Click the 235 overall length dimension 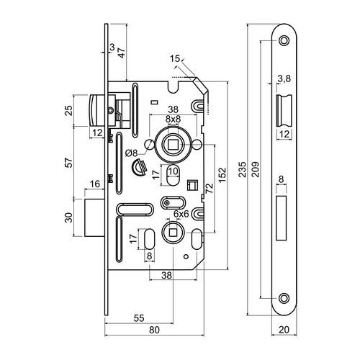(x=243, y=169)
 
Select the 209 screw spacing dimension (x=256, y=169)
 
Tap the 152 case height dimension (x=222, y=175)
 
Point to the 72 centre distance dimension (x=210, y=189)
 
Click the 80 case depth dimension (x=154, y=330)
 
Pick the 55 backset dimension (x=139, y=318)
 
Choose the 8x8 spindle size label (x=173, y=120)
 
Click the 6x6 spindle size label (x=181, y=214)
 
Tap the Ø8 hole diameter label (x=131, y=153)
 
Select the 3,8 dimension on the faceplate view (x=284, y=78)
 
